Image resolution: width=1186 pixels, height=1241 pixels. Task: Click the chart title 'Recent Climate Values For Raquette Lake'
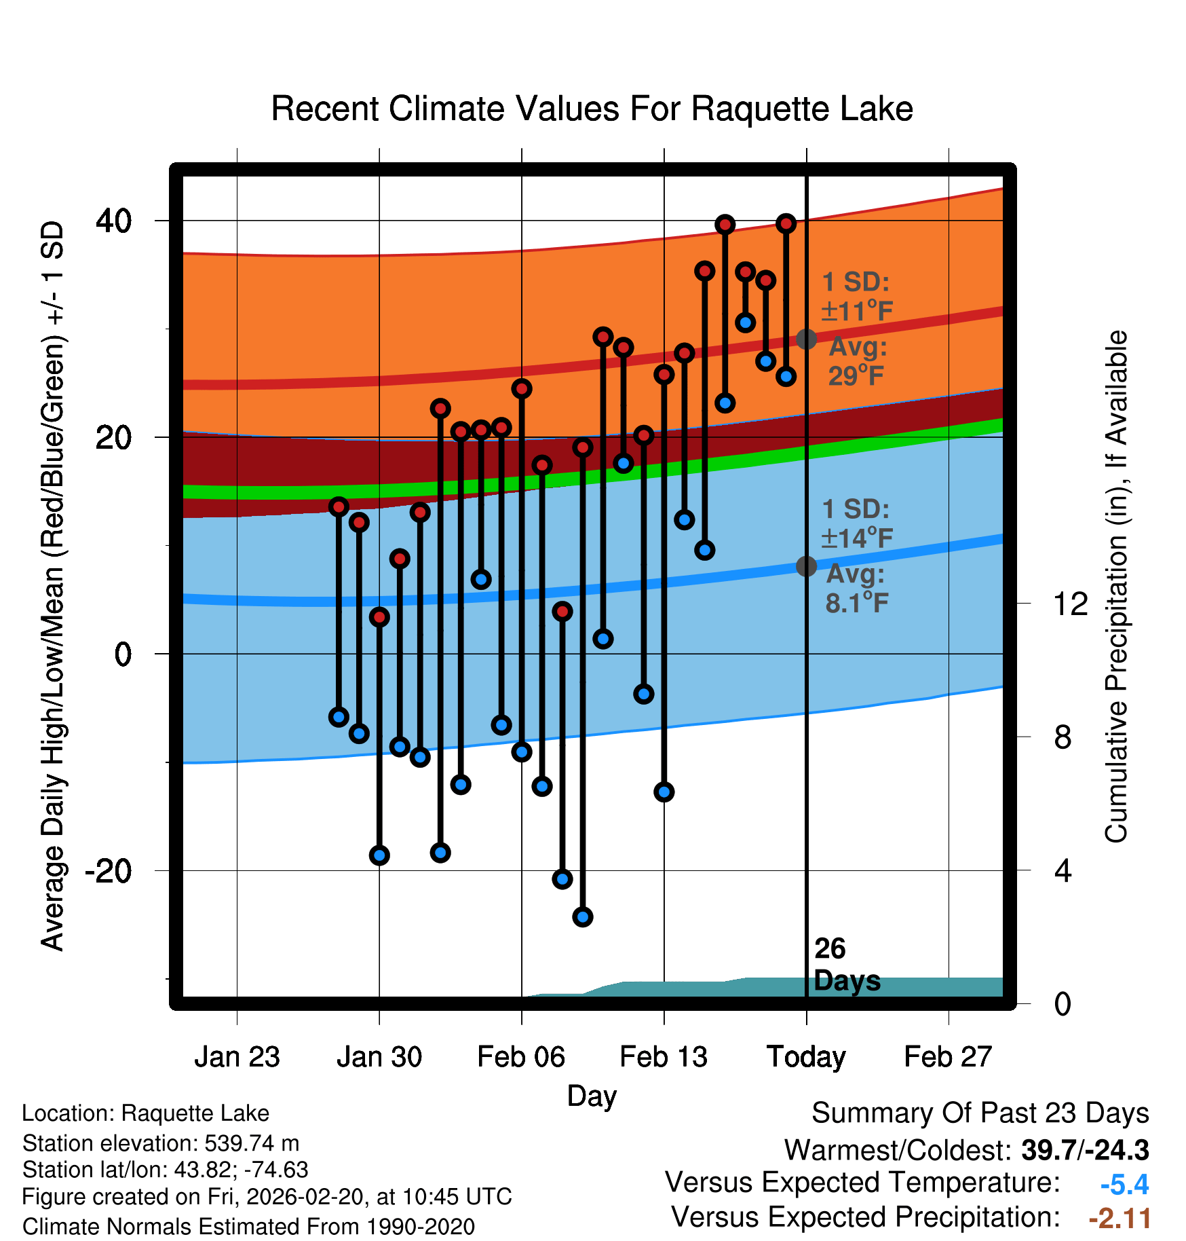592,109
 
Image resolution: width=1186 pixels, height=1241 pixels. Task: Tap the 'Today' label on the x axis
806,1057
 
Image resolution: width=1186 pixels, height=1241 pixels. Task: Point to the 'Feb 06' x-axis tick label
521,1057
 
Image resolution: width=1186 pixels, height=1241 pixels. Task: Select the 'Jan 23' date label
237,1057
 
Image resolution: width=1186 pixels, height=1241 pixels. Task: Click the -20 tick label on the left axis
109,871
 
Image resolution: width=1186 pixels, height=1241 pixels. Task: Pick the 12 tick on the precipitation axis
1070,604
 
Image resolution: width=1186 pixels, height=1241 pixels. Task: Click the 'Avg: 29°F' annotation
857,361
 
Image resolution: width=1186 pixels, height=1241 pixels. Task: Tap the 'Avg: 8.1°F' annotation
856,589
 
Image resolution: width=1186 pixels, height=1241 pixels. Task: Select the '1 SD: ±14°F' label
856,523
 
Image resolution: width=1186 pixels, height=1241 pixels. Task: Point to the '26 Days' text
845,965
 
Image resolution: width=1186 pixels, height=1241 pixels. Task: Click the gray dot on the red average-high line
806,339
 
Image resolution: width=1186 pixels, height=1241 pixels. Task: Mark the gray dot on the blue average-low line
806,566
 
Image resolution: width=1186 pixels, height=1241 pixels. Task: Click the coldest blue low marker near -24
583,917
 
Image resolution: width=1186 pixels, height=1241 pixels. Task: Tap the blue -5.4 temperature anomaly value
1124,1185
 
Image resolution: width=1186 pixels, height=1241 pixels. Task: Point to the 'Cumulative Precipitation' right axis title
1117,587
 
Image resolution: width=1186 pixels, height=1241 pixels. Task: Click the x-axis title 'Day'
592,1096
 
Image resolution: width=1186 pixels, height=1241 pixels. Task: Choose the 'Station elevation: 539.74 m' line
161,1143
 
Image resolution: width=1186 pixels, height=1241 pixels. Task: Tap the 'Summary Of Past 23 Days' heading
980,1113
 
